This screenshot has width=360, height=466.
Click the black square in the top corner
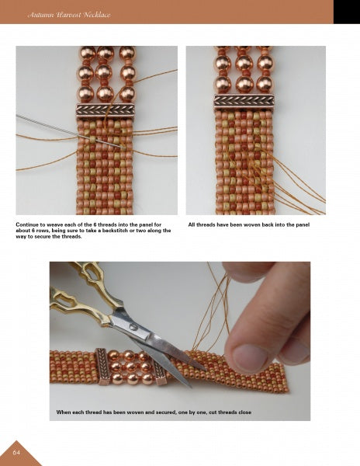click(x=346, y=12)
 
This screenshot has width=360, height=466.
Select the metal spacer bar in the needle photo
click(x=105, y=110)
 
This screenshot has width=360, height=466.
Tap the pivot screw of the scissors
click(x=138, y=329)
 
